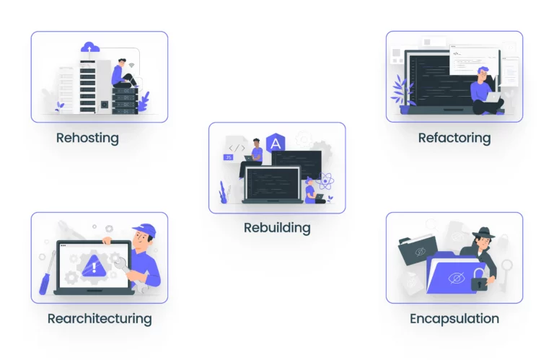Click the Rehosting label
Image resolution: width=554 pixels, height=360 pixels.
point(87,137)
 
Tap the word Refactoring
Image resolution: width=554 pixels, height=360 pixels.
point(454,137)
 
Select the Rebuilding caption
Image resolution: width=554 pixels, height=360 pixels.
point(277,228)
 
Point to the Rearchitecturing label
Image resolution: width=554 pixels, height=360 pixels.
point(100,318)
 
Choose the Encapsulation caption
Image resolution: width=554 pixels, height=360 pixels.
point(454,318)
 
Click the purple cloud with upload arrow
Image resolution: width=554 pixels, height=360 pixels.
point(91,48)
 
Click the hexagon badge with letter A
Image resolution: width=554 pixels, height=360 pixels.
point(274,144)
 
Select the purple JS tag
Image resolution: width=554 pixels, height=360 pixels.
point(229,157)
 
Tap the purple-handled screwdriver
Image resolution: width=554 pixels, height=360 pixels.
point(45,282)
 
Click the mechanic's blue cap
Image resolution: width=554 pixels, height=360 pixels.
point(144,229)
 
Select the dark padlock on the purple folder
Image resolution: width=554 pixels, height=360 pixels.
point(478,283)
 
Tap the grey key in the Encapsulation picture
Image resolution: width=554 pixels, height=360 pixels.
point(508,268)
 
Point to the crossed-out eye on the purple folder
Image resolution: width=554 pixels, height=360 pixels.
point(455,278)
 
